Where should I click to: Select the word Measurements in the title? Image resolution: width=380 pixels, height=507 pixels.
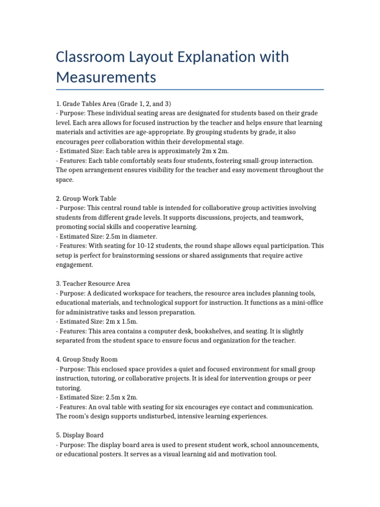click(x=106, y=77)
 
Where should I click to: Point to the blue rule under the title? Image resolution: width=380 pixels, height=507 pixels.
click(x=190, y=90)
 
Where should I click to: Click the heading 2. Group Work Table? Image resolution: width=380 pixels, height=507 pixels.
click(x=86, y=199)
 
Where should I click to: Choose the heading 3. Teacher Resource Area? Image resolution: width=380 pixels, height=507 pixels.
click(x=93, y=284)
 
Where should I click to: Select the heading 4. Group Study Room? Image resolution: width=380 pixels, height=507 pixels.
click(x=87, y=359)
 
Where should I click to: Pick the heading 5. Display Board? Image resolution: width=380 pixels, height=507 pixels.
click(x=80, y=435)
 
